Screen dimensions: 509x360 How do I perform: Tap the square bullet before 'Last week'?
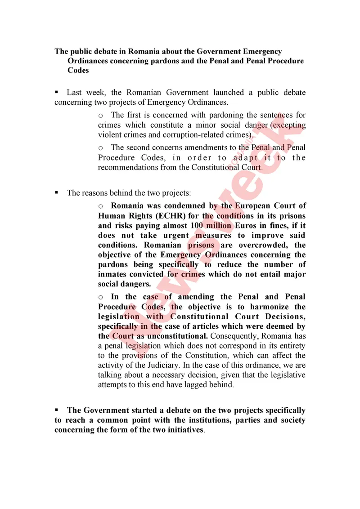click(x=57, y=92)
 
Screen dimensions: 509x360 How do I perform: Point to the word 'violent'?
click(x=108, y=135)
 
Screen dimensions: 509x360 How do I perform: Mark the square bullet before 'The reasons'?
click(x=57, y=192)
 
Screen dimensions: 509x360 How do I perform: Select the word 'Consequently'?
click(x=237, y=336)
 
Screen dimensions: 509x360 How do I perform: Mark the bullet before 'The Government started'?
click(x=57, y=410)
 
